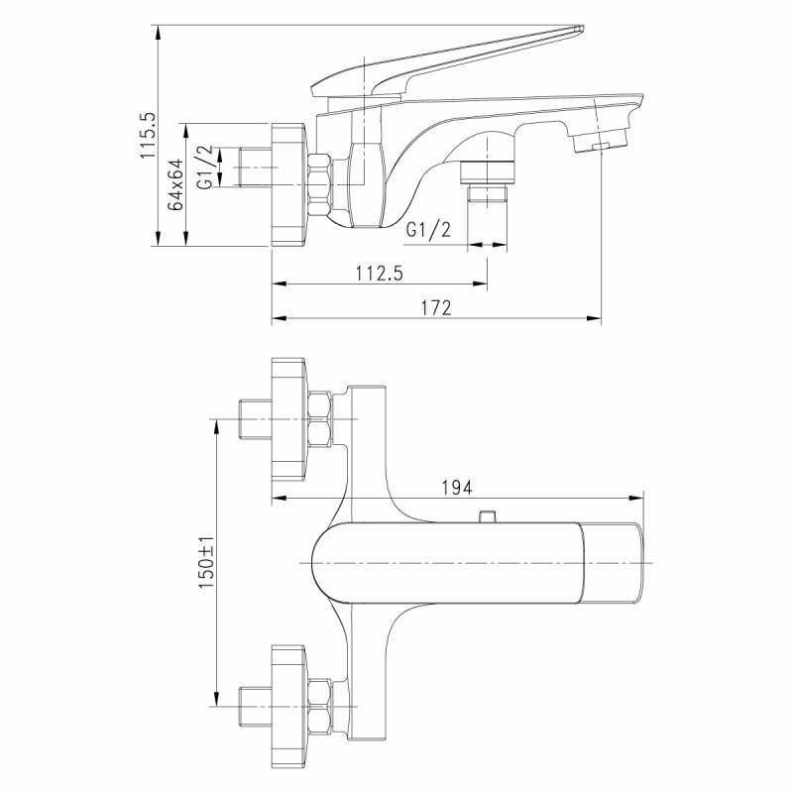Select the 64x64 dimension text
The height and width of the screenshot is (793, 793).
175,184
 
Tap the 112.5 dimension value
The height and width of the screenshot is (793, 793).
377,273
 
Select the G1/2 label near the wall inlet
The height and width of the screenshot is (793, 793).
203,168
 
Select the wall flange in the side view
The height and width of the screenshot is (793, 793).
289,184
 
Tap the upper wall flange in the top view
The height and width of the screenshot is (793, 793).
289,419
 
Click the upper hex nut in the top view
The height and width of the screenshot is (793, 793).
322,419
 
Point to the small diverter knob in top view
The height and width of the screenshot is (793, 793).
486,515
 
